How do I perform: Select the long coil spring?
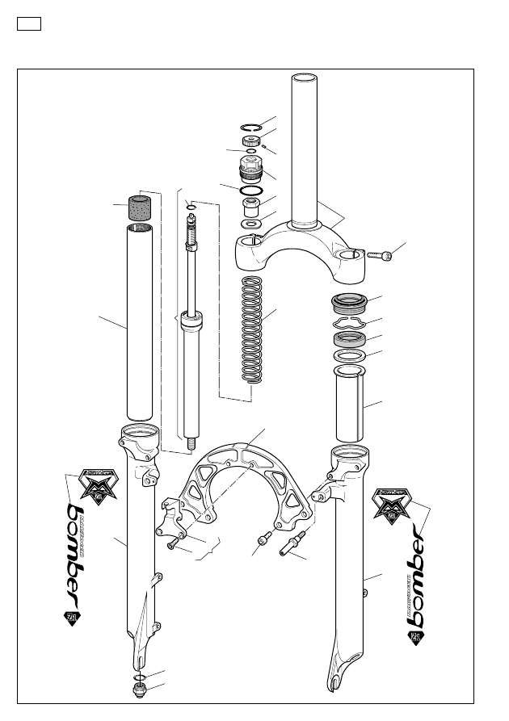coord(254,327)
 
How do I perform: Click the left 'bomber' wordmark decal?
coord(78,557)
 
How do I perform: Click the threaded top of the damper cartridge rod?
coord(192,236)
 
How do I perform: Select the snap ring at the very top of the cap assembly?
coord(251,126)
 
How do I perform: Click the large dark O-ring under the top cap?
coord(250,191)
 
